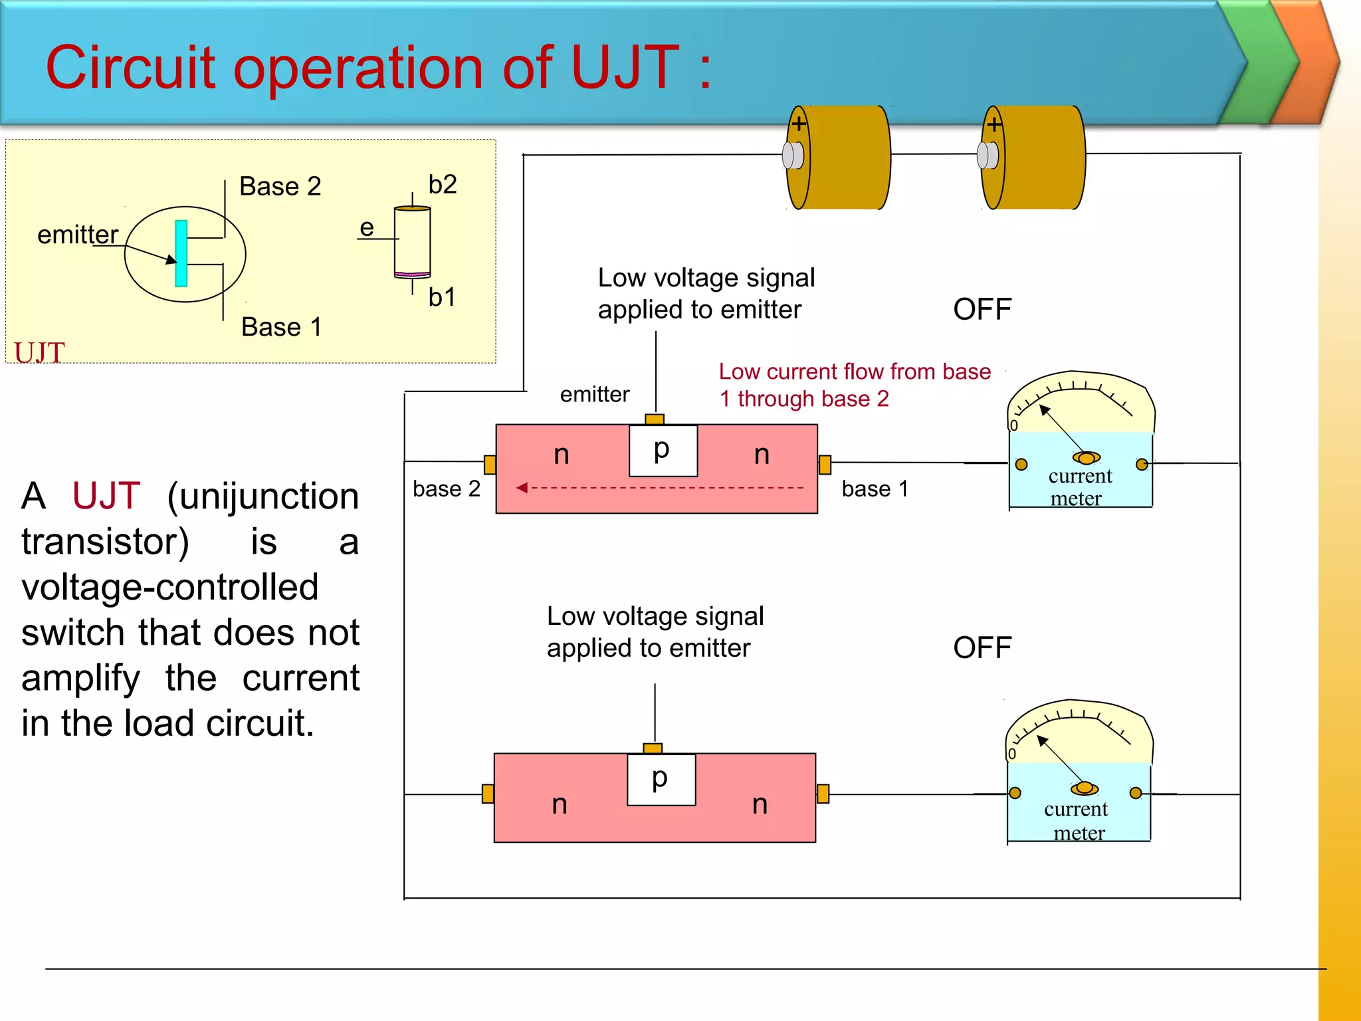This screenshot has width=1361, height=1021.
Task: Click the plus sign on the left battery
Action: tap(799, 124)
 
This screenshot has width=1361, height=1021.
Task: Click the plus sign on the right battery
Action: tap(994, 124)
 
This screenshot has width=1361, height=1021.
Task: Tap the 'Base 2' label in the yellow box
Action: tap(280, 186)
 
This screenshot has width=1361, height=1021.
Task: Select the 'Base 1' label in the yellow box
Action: tap(281, 327)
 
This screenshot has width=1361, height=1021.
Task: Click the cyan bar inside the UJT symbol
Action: tap(181, 253)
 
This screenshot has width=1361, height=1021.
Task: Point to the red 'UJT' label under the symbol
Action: tap(39, 352)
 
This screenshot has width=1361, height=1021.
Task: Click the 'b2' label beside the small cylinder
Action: tap(443, 184)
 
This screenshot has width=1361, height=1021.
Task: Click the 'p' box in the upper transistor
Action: tap(663, 451)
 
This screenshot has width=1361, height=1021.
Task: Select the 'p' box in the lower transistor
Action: tap(661, 779)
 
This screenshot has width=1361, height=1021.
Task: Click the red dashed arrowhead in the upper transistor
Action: tap(522, 488)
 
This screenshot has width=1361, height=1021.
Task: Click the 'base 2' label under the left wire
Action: tap(446, 489)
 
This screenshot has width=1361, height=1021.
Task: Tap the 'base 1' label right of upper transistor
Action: tap(875, 489)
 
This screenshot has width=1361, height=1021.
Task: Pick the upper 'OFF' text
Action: tap(982, 309)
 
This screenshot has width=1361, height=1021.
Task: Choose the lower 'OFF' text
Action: tap(982, 647)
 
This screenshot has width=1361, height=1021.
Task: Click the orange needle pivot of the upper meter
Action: tap(1087, 458)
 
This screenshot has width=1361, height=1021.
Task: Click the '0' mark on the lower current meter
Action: tap(1012, 754)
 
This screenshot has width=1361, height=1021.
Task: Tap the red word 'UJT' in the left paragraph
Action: tap(106, 496)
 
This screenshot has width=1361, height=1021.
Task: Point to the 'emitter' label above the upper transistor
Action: tap(594, 394)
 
